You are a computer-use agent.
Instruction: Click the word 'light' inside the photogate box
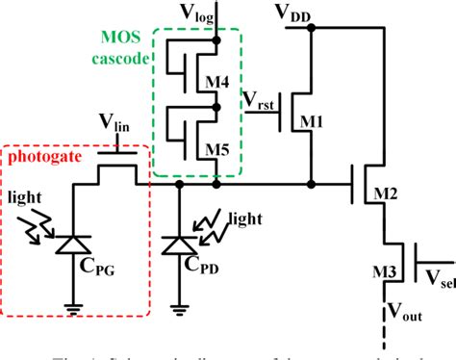(x=28, y=196)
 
